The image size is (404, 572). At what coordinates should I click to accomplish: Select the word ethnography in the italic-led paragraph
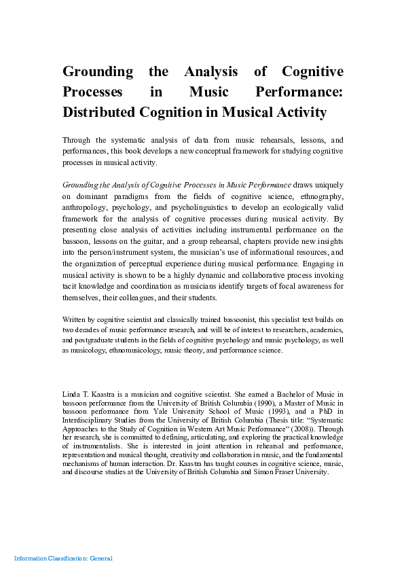(x=318, y=196)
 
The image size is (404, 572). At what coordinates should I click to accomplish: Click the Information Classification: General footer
(x=63, y=558)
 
